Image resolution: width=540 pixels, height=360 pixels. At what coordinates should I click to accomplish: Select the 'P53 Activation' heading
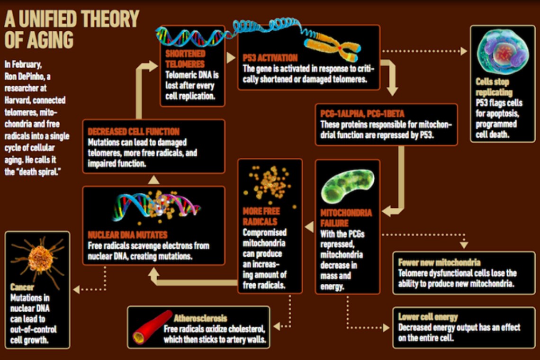pos(270,58)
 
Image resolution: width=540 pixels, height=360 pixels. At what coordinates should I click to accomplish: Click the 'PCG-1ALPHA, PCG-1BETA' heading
pos(363,114)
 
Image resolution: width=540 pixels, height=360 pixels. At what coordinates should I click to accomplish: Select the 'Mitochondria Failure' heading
pos(346,218)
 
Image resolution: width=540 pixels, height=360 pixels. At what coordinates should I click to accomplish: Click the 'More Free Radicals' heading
pos(261,216)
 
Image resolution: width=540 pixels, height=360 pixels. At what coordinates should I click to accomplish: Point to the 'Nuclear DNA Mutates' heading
pos(127,235)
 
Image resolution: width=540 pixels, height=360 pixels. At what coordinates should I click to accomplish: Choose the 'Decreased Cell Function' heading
pos(134,131)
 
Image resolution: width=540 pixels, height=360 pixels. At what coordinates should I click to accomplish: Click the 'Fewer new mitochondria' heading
pos(439,262)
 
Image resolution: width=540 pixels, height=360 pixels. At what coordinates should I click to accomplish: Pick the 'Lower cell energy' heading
pos(428,317)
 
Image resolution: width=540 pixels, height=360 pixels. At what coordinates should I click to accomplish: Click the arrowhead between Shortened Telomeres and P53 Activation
pos(231,58)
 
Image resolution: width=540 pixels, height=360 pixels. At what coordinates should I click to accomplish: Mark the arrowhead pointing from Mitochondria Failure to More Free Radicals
pos(309,227)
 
